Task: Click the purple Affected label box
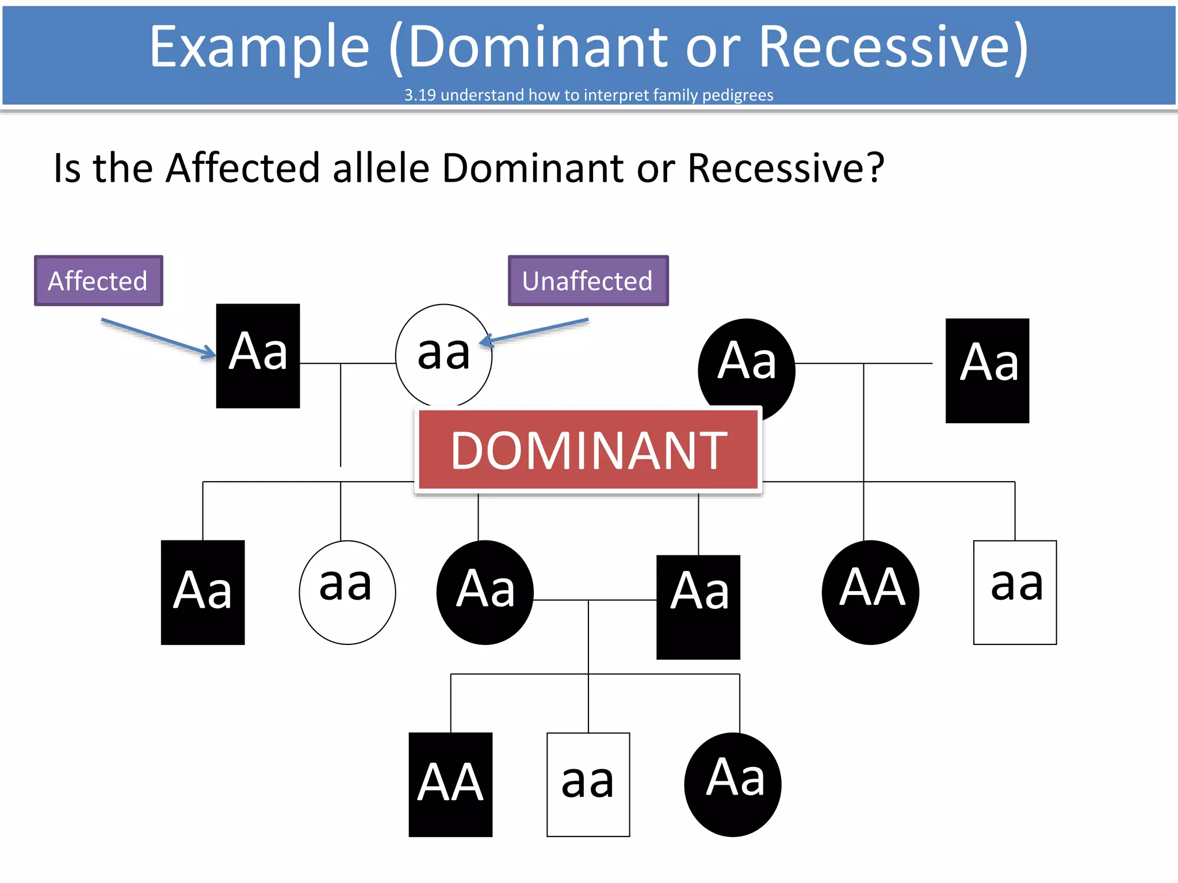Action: coord(98,281)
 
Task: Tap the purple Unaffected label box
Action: coord(588,281)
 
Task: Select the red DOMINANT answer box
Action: coord(588,450)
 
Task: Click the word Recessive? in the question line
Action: coord(786,168)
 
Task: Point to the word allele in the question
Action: coord(381,168)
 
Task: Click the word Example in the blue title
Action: coord(259,47)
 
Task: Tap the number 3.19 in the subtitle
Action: coord(419,95)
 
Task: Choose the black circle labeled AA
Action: coord(870,592)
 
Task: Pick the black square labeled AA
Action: coord(450,784)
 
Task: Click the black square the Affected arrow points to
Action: coord(258,355)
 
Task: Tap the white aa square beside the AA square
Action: coord(588,784)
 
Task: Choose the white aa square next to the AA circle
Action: coord(1015,592)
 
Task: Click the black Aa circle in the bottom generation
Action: coord(733,784)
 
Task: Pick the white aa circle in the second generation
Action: coord(347,592)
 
